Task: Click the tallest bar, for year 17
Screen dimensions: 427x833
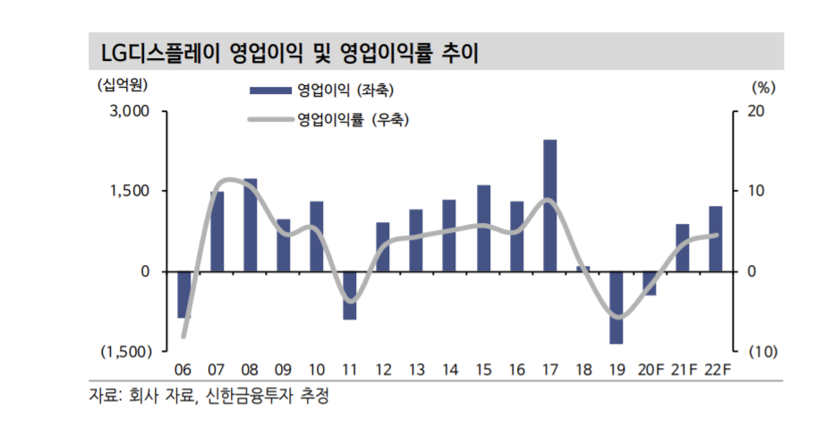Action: [x=550, y=205]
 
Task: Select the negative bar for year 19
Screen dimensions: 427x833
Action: [x=616, y=307]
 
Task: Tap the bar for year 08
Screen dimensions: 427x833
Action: [x=251, y=225]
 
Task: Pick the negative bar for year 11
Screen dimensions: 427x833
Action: [x=350, y=295]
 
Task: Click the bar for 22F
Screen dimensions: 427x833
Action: [x=716, y=238]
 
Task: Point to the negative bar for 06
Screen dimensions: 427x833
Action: [x=184, y=294]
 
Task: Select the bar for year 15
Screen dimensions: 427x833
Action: [x=483, y=227]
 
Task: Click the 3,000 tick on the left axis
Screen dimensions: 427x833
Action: [x=129, y=112]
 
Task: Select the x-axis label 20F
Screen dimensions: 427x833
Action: [x=650, y=370]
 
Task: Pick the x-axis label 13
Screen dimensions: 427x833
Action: [x=416, y=370]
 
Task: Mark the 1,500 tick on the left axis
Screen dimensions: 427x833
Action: [x=129, y=191]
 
